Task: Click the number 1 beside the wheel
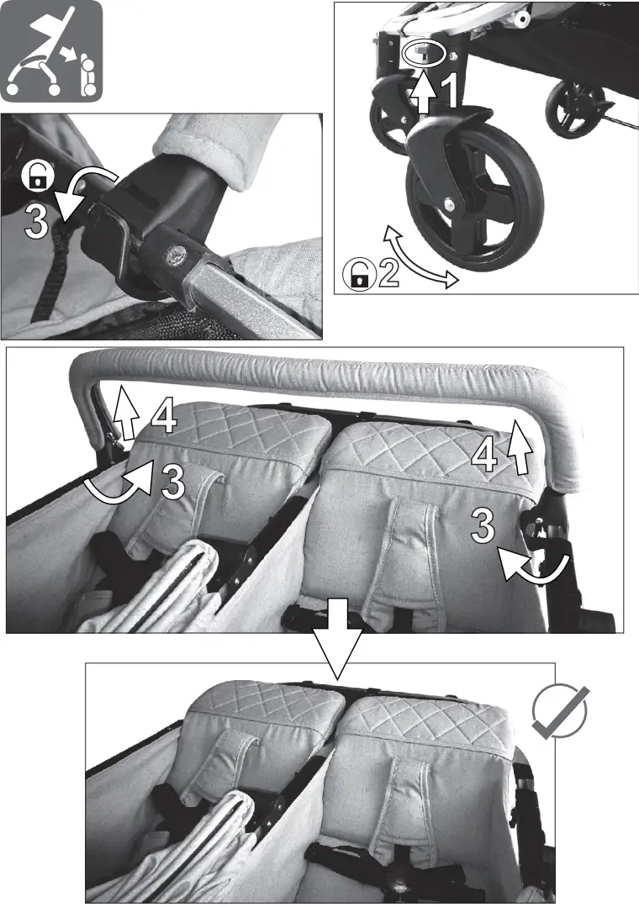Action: coord(450,92)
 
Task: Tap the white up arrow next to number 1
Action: coord(424,93)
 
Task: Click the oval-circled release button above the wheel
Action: coord(420,53)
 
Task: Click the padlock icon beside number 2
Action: coord(359,276)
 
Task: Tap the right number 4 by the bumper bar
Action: coord(484,455)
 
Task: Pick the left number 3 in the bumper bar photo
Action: coord(172,482)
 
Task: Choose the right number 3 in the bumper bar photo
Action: coord(483,527)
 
